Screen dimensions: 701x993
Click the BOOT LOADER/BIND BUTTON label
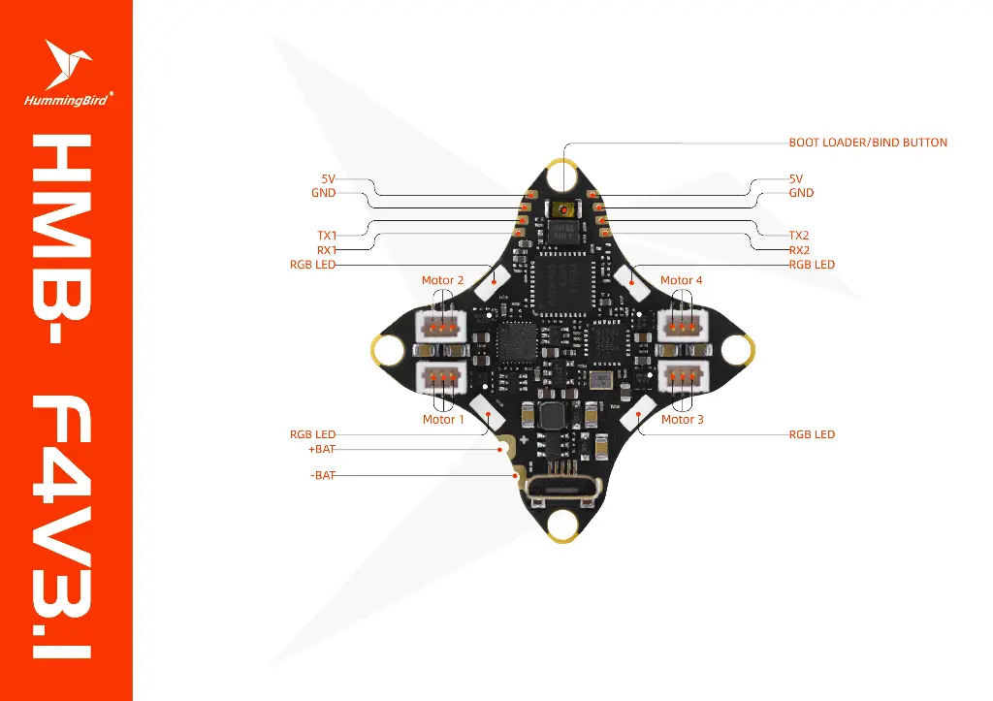pyautogui.click(x=868, y=143)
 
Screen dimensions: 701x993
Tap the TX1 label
pyautogui.click(x=327, y=236)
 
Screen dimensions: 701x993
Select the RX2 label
pyautogui.click(x=799, y=250)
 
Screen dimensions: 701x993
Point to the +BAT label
pyautogui.click(x=322, y=449)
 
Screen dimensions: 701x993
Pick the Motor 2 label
pyautogui.click(x=442, y=280)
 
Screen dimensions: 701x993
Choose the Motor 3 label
pyautogui.click(x=683, y=420)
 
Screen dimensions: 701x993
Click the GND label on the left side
pyautogui.click(x=323, y=193)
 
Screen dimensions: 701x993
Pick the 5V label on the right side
pyautogui.click(x=796, y=179)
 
